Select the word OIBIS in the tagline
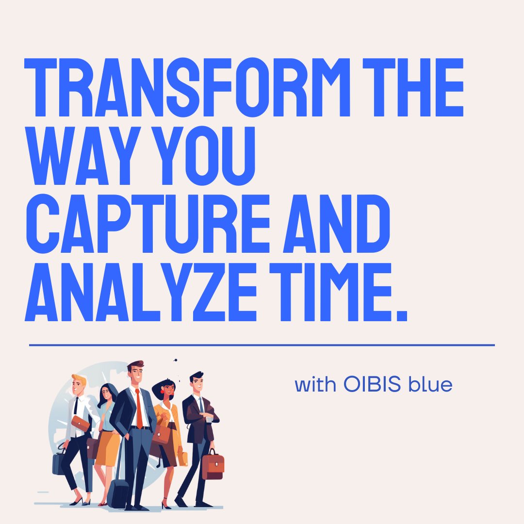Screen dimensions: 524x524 point(373,385)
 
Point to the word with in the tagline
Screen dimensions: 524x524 point(315,385)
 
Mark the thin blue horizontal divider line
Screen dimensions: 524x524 point(262,345)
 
